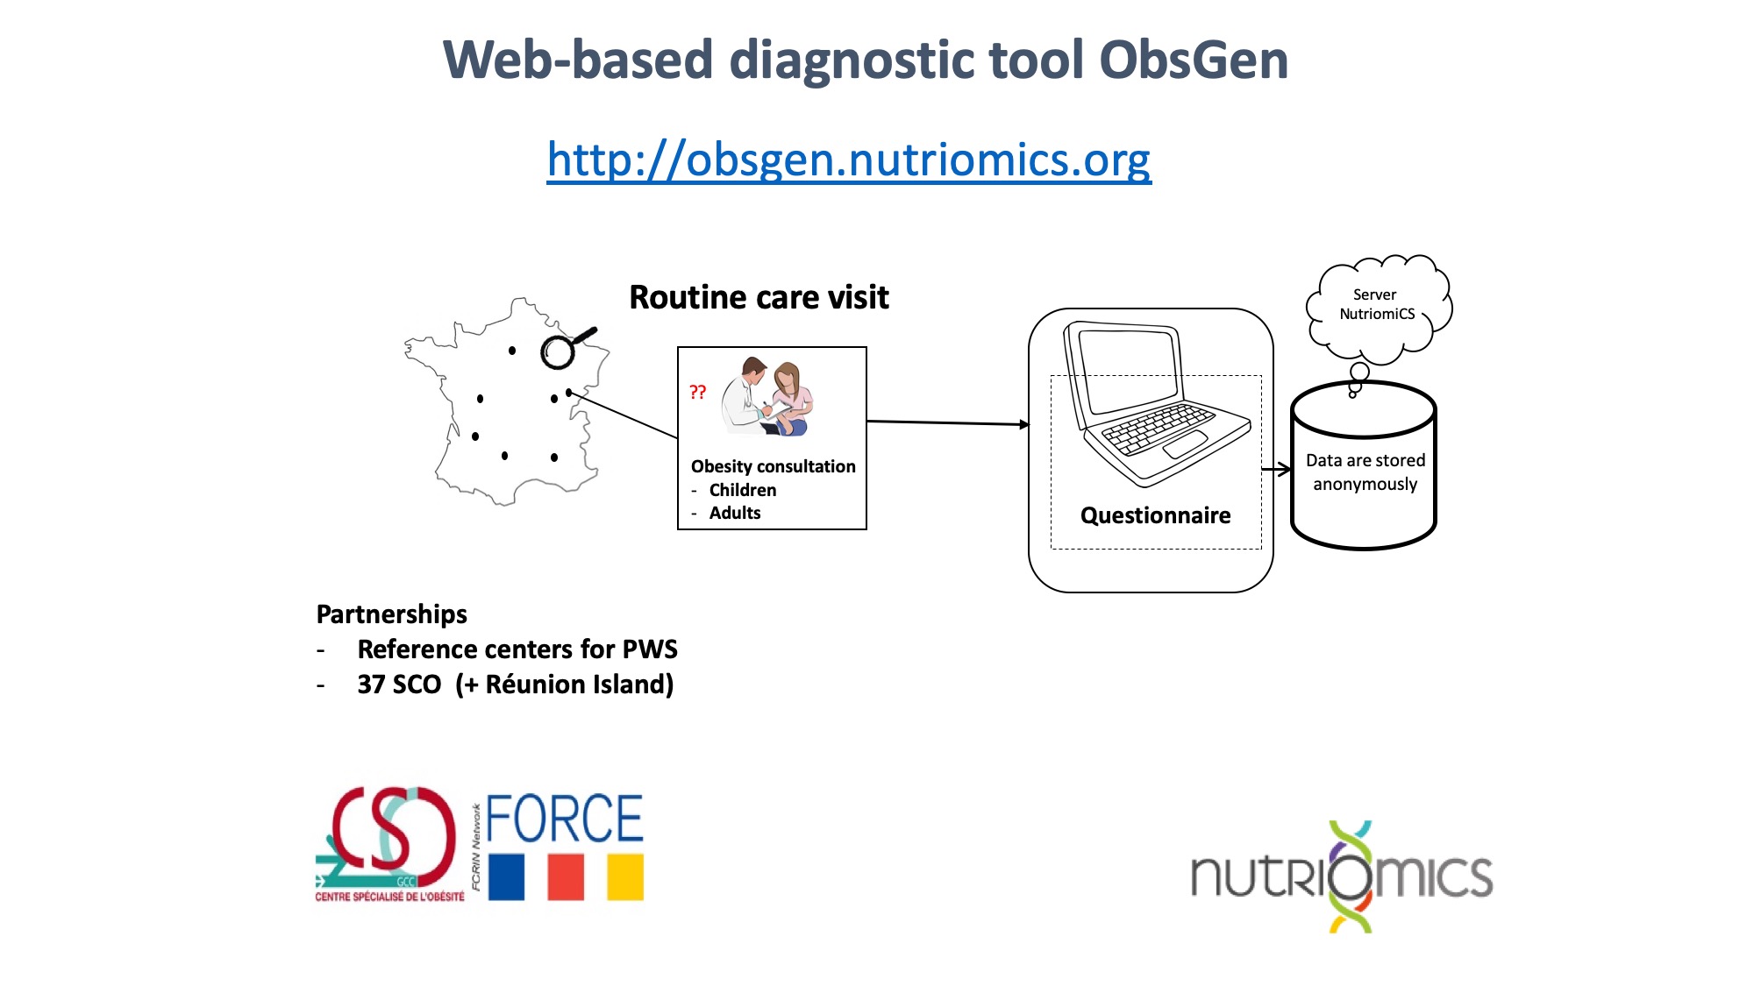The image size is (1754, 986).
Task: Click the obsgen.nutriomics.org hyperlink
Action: coord(849,160)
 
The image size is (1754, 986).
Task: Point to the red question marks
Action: coord(697,392)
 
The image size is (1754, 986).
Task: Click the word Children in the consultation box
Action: coord(743,490)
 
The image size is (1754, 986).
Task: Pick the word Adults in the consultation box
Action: coord(735,513)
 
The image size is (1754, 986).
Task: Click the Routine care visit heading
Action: coord(759,297)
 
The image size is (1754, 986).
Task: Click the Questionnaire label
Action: coord(1155,515)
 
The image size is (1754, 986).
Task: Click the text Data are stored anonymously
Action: coord(1365,472)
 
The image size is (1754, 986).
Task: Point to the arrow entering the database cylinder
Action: coord(1276,469)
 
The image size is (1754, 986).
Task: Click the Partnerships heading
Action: coord(391,614)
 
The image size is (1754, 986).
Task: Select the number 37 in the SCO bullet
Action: coord(371,685)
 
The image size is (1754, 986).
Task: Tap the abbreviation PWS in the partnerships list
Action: coord(650,649)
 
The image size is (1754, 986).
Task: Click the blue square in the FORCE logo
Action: coord(506,877)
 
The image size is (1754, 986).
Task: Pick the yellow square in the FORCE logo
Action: coord(625,877)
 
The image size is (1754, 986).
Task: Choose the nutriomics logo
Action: coord(1342,876)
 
